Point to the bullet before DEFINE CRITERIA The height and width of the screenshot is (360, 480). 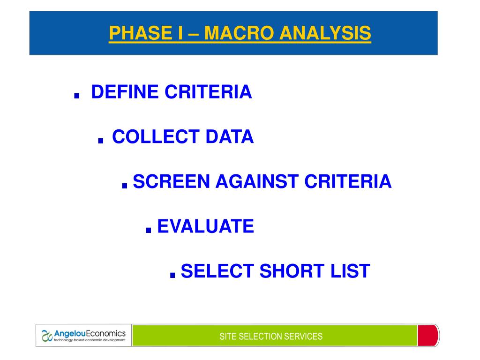click(77, 95)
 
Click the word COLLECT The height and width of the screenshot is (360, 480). click(156, 136)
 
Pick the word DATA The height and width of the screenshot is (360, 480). click(230, 136)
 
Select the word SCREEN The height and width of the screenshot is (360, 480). click(171, 181)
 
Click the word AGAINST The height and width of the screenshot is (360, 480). click(257, 181)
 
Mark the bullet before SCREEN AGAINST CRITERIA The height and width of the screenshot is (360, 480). click(124, 185)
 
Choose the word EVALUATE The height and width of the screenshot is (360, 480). click(205, 226)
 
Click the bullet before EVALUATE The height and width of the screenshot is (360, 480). click(149, 230)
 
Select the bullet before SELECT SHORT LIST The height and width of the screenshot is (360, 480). click(172, 274)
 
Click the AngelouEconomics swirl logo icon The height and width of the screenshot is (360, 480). click(47, 336)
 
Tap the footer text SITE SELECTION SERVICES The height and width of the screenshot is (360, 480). click(271, 336)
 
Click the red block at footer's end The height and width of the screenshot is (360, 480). click(427, 336)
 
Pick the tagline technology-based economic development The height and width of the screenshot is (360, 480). click(90, 340)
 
